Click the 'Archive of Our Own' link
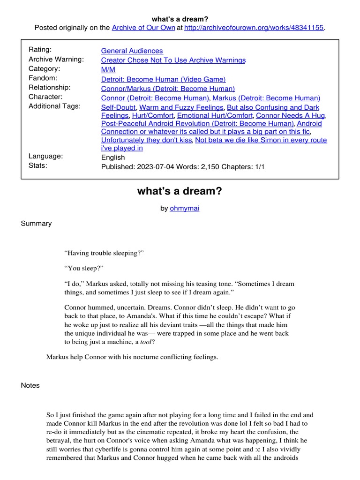point(143,28)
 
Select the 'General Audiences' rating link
point(132,51)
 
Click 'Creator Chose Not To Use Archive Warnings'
point(173,60)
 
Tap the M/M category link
point(108,69)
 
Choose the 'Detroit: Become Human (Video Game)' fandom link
point(163,79)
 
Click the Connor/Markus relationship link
point(168,89)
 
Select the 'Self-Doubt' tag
point(116,107)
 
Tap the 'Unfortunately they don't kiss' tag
point(146,140)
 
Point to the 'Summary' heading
point(36,224)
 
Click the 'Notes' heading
point(30,385)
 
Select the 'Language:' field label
point(45,157)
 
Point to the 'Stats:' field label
point(38,165)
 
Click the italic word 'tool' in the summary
point(147,342)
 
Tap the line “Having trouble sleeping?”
point(104,253)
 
